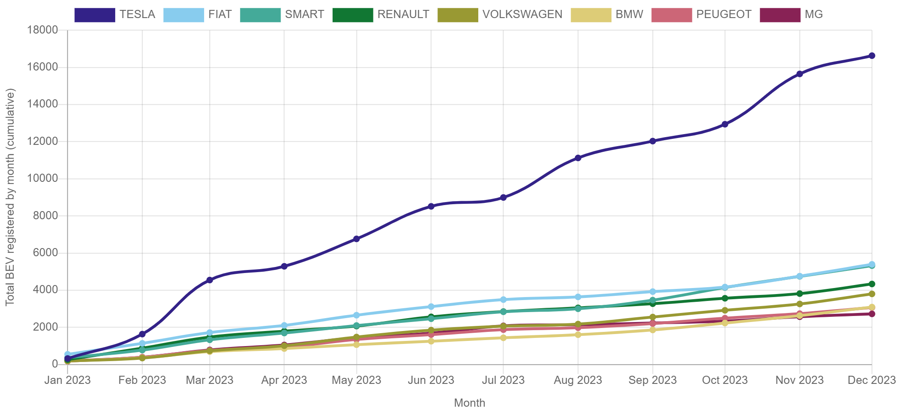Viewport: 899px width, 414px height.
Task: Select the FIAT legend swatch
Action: click(183, 15)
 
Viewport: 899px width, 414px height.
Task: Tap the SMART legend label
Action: click(304, 15)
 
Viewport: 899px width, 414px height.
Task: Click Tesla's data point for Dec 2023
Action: click(872, 56)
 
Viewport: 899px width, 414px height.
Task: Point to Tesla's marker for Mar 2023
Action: click(210, 280)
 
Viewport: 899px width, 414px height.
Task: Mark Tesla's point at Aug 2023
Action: click(578, 158)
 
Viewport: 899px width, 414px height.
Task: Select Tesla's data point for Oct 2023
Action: click(725, 124)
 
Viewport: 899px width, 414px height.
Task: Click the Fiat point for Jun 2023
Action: click(431, 307)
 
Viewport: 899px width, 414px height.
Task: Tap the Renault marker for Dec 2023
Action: click(872, 284)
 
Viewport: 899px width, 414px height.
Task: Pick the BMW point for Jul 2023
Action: click(503, 338)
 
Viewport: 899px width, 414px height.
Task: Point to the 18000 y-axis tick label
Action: click(42, 30)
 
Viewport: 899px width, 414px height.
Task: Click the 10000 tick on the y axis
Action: click(42, 178)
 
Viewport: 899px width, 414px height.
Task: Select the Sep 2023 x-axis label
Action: click(652, 380)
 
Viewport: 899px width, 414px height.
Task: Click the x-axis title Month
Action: click(470, 403)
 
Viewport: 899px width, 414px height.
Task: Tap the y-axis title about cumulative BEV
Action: click(10, 197)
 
